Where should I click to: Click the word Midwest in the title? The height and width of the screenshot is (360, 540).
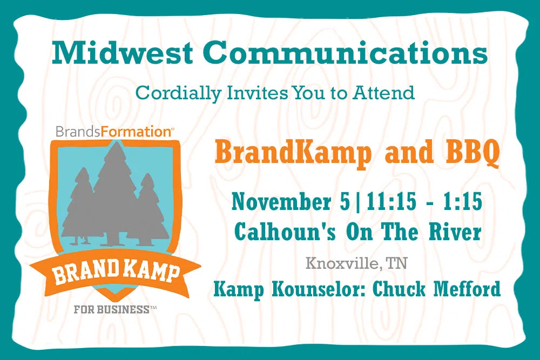click(x=122, y=52)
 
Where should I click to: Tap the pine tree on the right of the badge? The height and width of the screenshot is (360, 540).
click(x=150, y=209)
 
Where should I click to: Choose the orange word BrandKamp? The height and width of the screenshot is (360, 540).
click(x=293, y=153)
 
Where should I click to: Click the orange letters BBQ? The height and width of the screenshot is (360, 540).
click(x=473, y=152)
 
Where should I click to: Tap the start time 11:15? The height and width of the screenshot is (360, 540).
click(x=391, y=202)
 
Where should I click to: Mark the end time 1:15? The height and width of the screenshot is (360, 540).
click(x=463, y=202)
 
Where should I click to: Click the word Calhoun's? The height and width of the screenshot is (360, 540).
click(x=285, y=232)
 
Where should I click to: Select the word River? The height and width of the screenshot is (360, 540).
click(x=455, y=232)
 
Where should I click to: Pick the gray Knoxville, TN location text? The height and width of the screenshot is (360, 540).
click(x=356, y=263)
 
